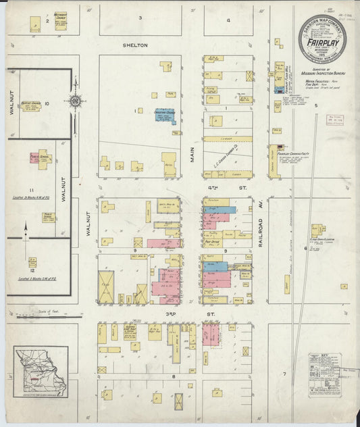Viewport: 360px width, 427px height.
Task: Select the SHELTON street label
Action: pos(134,45)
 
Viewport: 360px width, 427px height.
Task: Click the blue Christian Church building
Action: pos(165,116)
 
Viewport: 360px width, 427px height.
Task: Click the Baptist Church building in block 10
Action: pos(32,106)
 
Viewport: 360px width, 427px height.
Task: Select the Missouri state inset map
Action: pos(41,372)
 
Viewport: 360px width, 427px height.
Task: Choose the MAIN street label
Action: pos(192,155)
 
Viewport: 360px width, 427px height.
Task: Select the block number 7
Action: pos(285,374)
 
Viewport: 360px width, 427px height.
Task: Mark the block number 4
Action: pos(228,20)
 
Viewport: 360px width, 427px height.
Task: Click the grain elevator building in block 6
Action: pos(317,231)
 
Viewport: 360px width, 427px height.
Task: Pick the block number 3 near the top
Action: pos(140,17)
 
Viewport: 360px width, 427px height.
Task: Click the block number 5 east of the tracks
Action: pos(315,105)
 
